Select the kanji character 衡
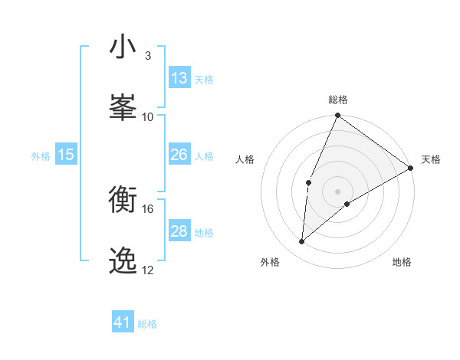[x=123, y=200]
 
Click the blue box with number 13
[x=179, y=78]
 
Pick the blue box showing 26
[x=179, y=155]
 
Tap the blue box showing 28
[x=179, y=231]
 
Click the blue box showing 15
[x=66, y=155]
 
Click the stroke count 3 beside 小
[x=147, y=56]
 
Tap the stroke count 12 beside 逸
[x=147, y=270]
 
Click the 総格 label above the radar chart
[x=338, y=100]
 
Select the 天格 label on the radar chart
[x=431, y=159]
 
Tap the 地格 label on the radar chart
[x=402, y=262]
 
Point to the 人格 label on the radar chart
[x=245, y=159]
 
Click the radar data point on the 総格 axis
[x=338, y=116]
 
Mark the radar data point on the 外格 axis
[x=302, y=242]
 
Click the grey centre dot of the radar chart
[x=338, y=191]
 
